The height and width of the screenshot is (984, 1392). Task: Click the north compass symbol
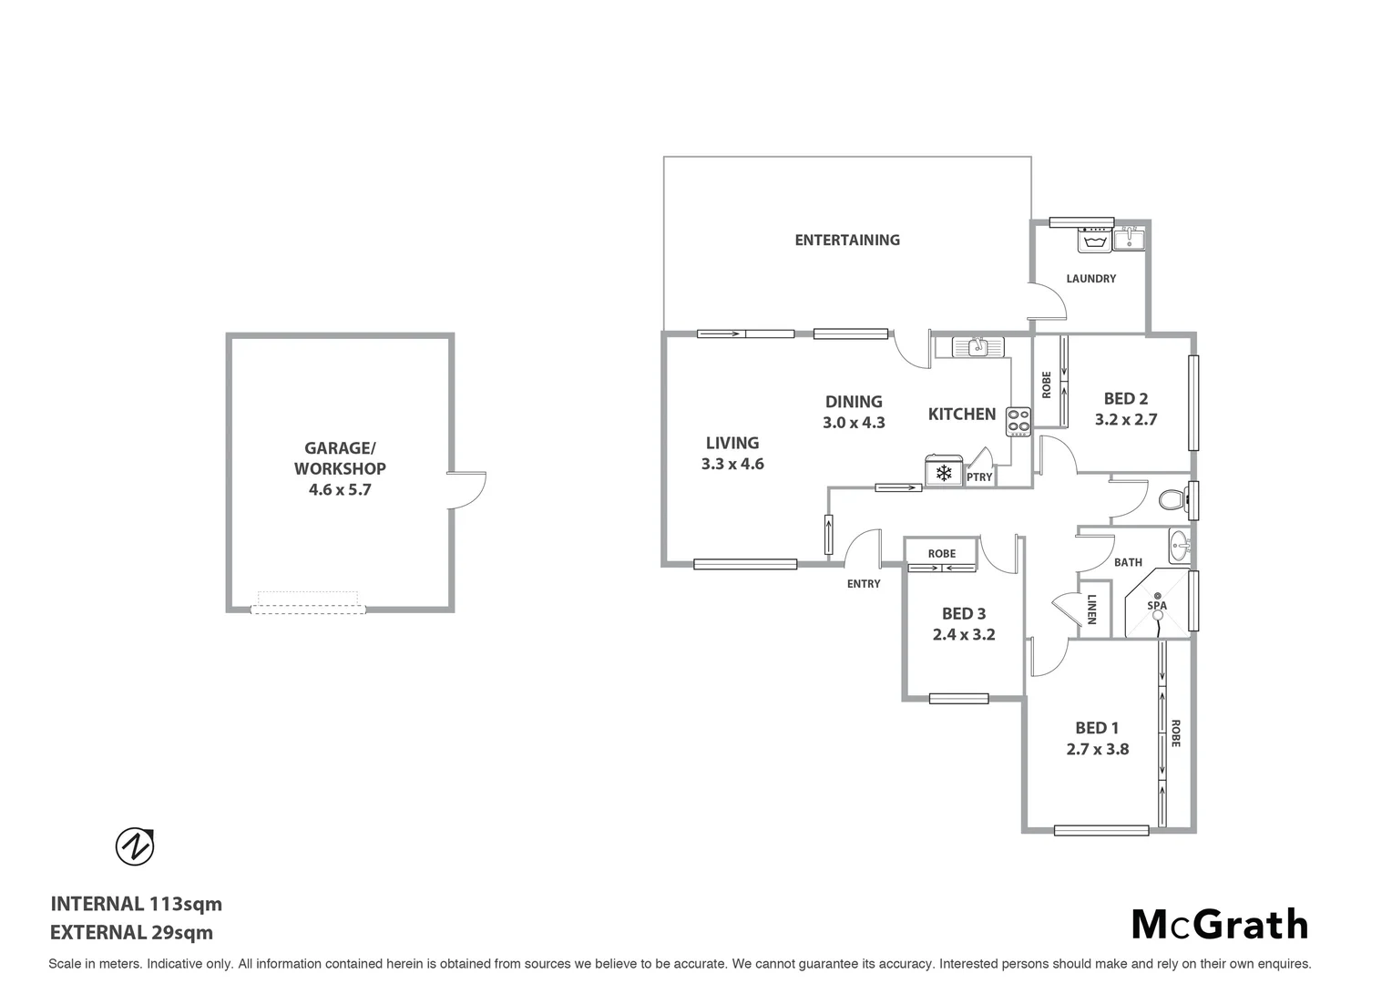tap(135, 846)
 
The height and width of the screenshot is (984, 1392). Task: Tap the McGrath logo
tap(1219, 924)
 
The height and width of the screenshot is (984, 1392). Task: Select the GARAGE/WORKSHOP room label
tap(339, 458)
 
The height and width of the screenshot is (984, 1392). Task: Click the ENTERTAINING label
tap(846, 241)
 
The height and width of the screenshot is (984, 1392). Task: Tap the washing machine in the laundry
tap(1094, 239)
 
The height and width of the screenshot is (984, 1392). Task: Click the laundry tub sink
tap(1130, 239)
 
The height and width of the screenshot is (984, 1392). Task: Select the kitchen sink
tap(977, 347)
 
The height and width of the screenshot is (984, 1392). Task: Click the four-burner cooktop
tap(1018, 421)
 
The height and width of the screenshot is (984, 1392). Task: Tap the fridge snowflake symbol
tap(944, 473)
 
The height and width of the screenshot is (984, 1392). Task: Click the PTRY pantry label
tap(979, 477)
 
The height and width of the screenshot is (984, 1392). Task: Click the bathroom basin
tap(1180, 548)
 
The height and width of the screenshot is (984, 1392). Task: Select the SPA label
tap(1156, 605)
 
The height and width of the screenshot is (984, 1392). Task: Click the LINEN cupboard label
tap(1091, 610)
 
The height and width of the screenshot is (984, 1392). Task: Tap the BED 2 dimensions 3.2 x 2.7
tap(1125, 420)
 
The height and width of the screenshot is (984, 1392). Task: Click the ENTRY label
tap(863, 584)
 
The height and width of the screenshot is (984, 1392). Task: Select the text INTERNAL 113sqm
tap(136, 904)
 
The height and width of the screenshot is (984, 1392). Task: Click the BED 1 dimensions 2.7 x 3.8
tap(1097, 749)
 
